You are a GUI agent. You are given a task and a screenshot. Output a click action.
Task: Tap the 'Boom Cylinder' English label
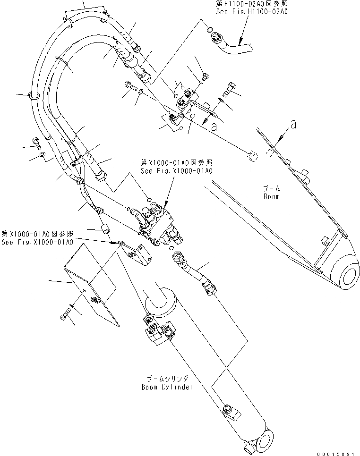pos(167,387)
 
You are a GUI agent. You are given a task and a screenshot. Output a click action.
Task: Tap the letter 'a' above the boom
pos(294,125)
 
